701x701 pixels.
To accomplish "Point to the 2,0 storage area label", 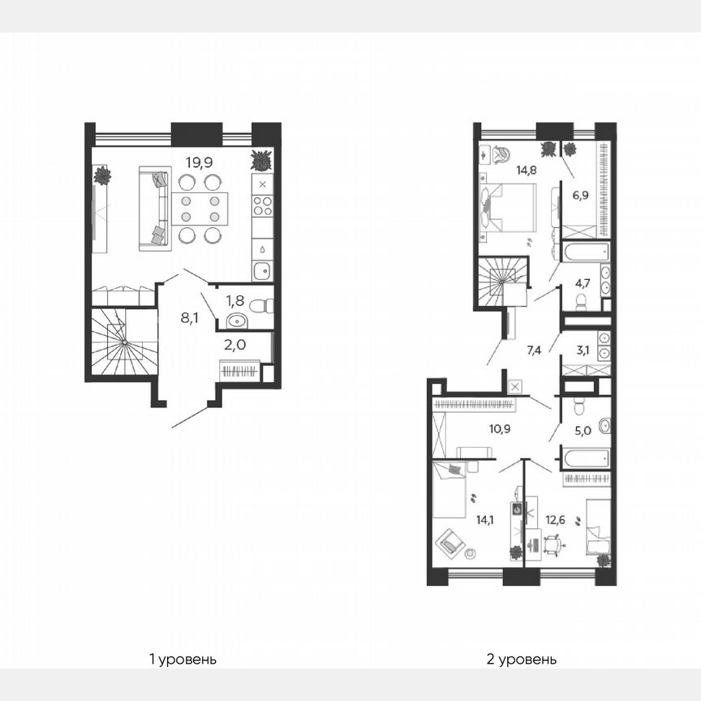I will (x=235, y=344).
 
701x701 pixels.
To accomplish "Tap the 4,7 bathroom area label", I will (x=583, y=284).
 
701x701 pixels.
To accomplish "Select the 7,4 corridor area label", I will (x=534, y=350).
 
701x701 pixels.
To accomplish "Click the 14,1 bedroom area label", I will (x=485, y=522).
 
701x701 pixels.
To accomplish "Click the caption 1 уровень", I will (x=183, y=659).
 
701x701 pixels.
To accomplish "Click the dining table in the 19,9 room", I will (x=200, y=209).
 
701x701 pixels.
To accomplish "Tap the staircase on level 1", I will (x=122, y=345).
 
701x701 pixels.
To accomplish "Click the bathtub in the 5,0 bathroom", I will (x=586, y=458).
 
